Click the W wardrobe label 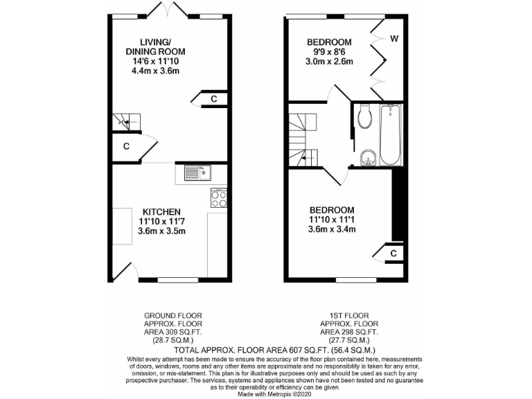393,38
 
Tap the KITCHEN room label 161,212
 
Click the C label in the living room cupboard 214,99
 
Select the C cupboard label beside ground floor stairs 127,146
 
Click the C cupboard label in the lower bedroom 393,254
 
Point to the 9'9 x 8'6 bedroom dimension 330,52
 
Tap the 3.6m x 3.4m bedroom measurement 332,230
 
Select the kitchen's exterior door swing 125,272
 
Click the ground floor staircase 127,123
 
